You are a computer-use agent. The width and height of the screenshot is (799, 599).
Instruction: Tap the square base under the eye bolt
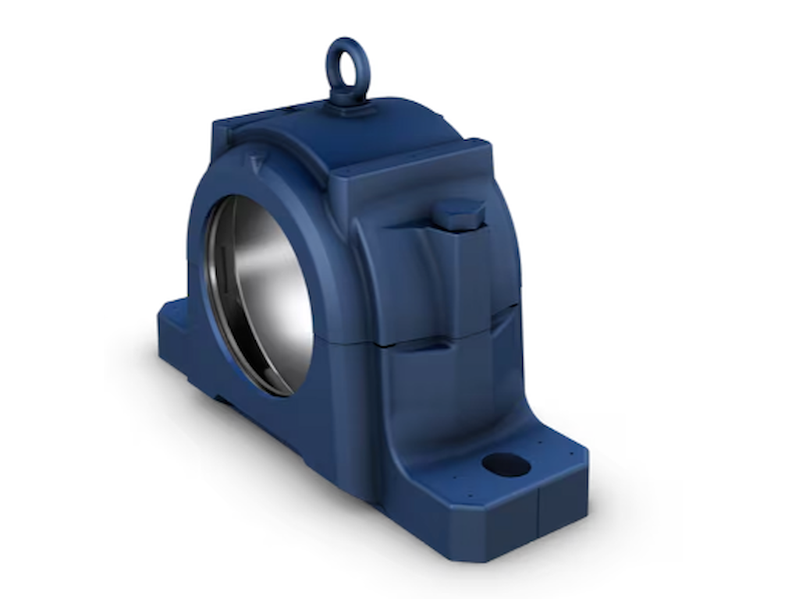click(349, 107)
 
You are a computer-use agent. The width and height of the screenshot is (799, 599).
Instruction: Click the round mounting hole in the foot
click(506, 464)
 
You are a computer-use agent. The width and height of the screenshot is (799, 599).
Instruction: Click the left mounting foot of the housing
click(176, 328)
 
